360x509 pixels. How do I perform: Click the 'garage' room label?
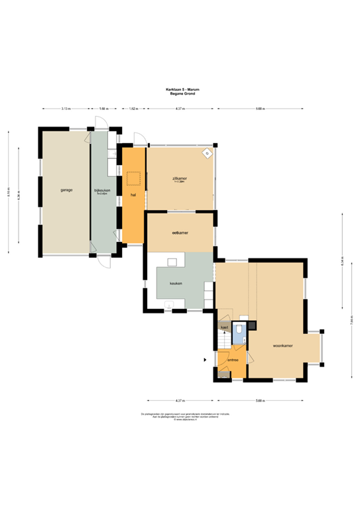point(66,190)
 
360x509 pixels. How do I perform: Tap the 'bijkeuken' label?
point(103,190)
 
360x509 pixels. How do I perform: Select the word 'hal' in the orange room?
point(133,195)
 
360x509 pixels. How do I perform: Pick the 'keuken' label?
point(176,284)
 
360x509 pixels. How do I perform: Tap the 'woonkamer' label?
point(283,346)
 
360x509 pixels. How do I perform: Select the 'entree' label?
point(233,360)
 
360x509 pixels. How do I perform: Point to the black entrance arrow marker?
point(205,360)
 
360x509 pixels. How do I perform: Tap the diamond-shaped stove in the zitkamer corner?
point(207,154)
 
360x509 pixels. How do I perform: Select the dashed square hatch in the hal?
point(134,178)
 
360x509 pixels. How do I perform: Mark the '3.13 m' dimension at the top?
point(66,108)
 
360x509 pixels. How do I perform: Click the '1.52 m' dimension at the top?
point(133,108)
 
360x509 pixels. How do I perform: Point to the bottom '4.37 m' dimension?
point(180,400)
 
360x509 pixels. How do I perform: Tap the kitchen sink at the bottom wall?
point(169,306)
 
